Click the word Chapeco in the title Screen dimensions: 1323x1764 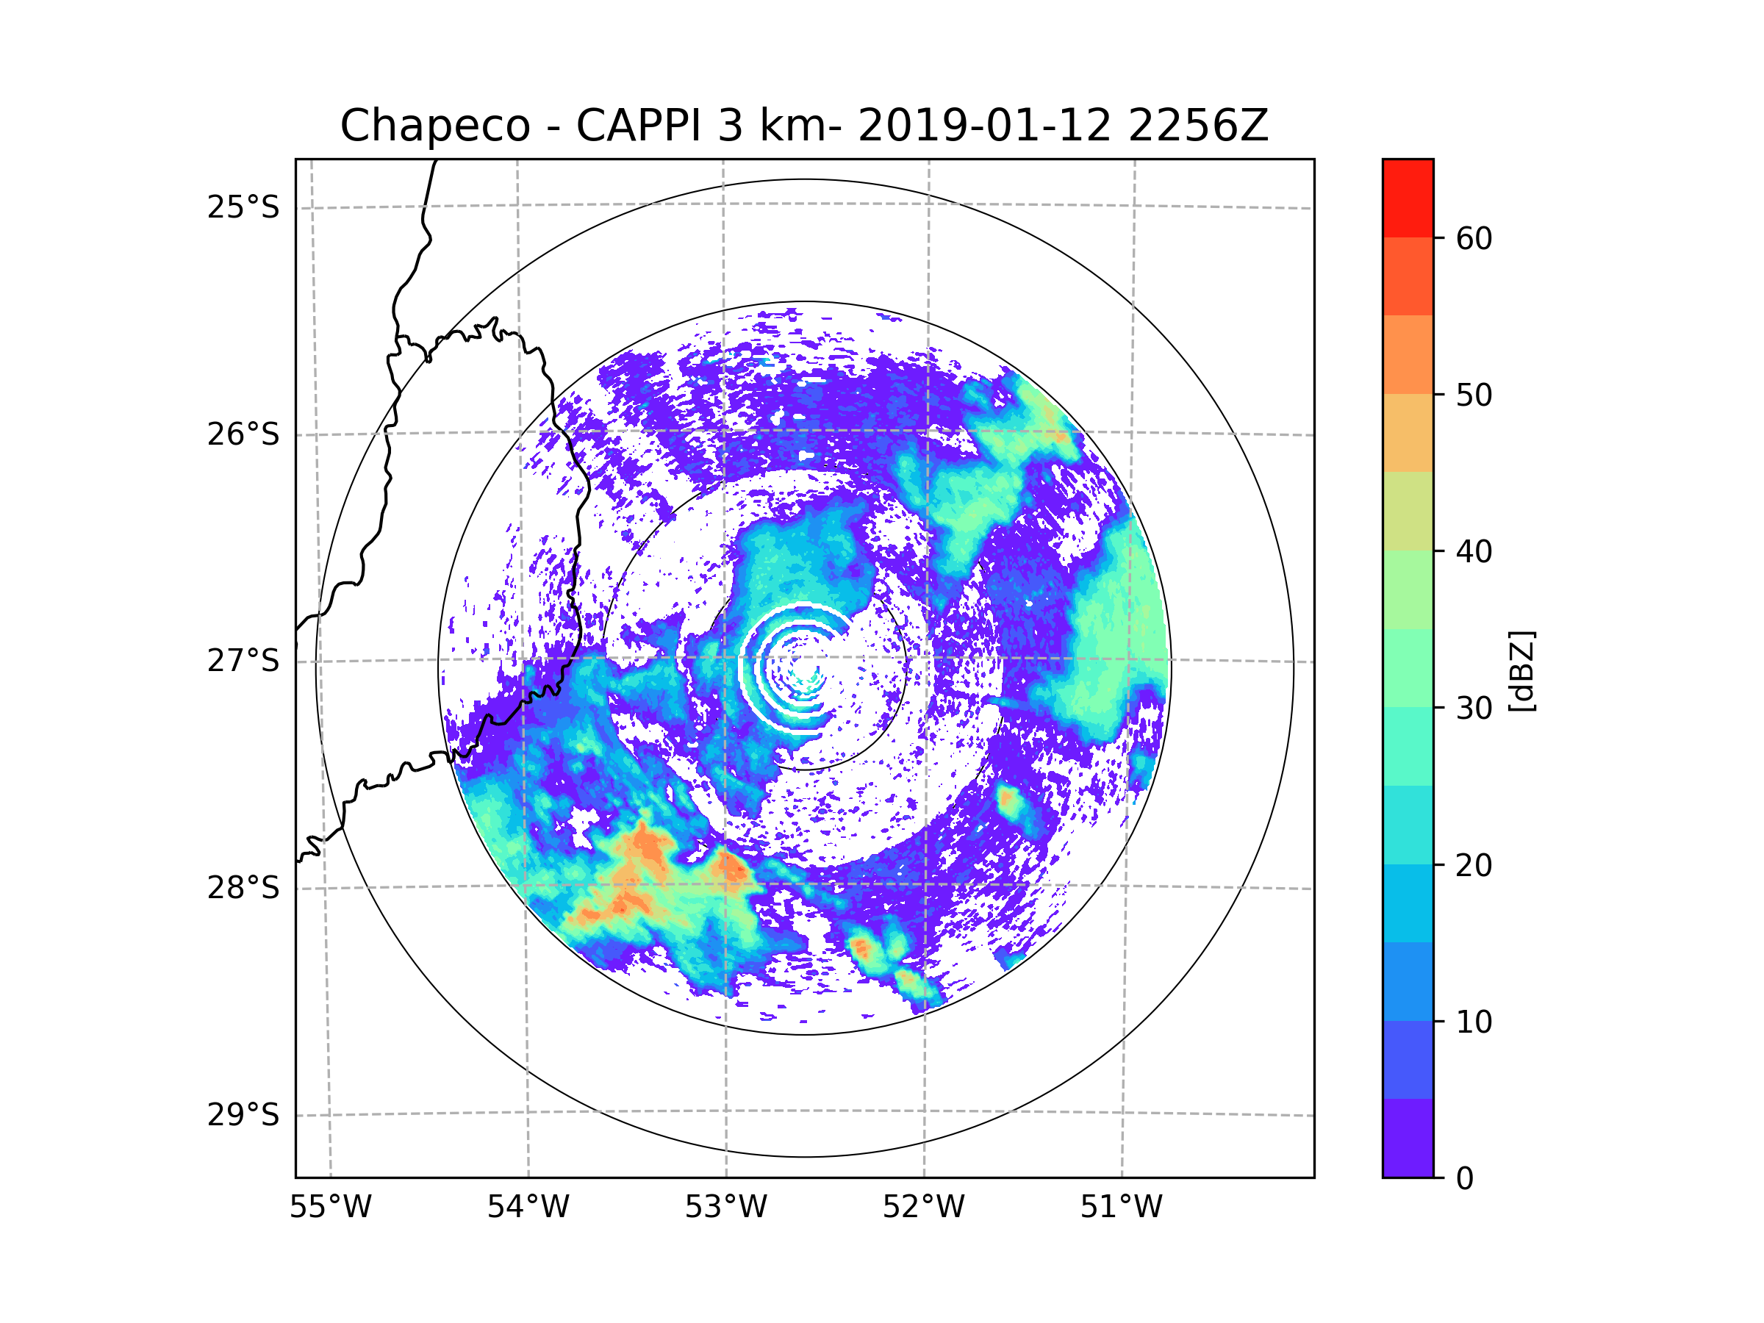click(434, 126)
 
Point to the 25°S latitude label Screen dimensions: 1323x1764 click(243, 207)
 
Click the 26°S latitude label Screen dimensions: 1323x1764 click(243, 434)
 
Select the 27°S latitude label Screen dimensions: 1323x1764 click(243, 661)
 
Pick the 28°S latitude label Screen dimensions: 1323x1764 click(243, 888)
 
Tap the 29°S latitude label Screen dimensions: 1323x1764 click(243, 1115)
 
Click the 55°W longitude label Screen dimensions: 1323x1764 click(330, 1208)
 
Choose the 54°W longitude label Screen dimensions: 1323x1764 click(528, 1208)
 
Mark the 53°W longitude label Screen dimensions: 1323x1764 click(725, 1208)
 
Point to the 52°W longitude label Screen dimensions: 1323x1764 click(923, 1208)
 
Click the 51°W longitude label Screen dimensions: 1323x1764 click(1121, 1208)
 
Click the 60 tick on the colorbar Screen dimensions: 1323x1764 click(1474, 238)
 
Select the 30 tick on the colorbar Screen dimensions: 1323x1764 click(1474, 708)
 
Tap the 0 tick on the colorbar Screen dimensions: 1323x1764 click(1465, 1178)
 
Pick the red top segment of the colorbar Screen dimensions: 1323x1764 click(1408, 198)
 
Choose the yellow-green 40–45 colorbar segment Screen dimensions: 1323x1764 click(1408, 511)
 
